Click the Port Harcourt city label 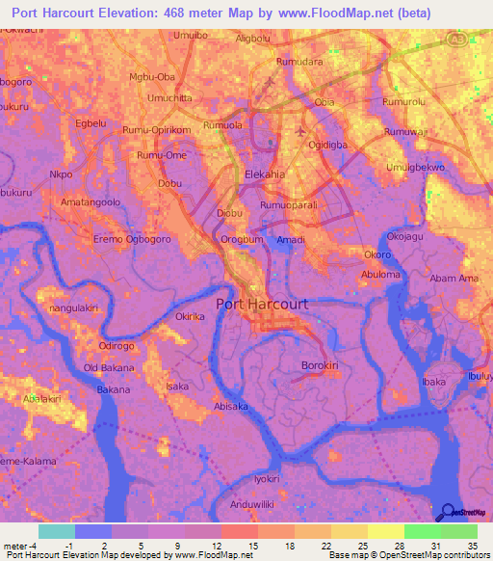(263, 304)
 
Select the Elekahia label (266, 174)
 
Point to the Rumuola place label (221, 124)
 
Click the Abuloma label (380, 274)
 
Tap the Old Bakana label (108, 368)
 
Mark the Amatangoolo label (91, 202)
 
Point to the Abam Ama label (454, 279)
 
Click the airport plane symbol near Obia (301, 130)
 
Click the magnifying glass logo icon (447, 512)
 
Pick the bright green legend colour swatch (422, 531)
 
